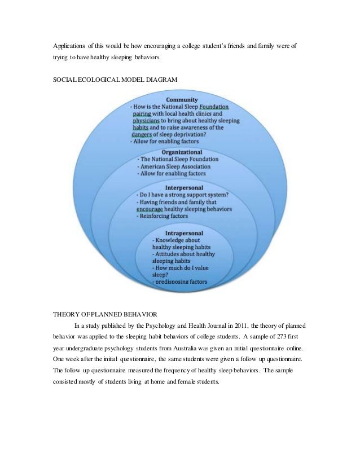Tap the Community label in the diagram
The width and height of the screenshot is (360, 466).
(x=182, y=99)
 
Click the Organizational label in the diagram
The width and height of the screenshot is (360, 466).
(x=182, y=152)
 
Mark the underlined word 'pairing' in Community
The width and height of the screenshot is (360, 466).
(x=139, y=113)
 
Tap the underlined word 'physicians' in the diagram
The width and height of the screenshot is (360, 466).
(x=146, y=121)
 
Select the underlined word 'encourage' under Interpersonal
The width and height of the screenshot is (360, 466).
(x=150, y=209)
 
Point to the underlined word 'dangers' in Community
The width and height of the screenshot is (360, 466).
(x=141, y=135)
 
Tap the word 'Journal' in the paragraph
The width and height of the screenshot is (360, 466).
(x=192, y=326)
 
